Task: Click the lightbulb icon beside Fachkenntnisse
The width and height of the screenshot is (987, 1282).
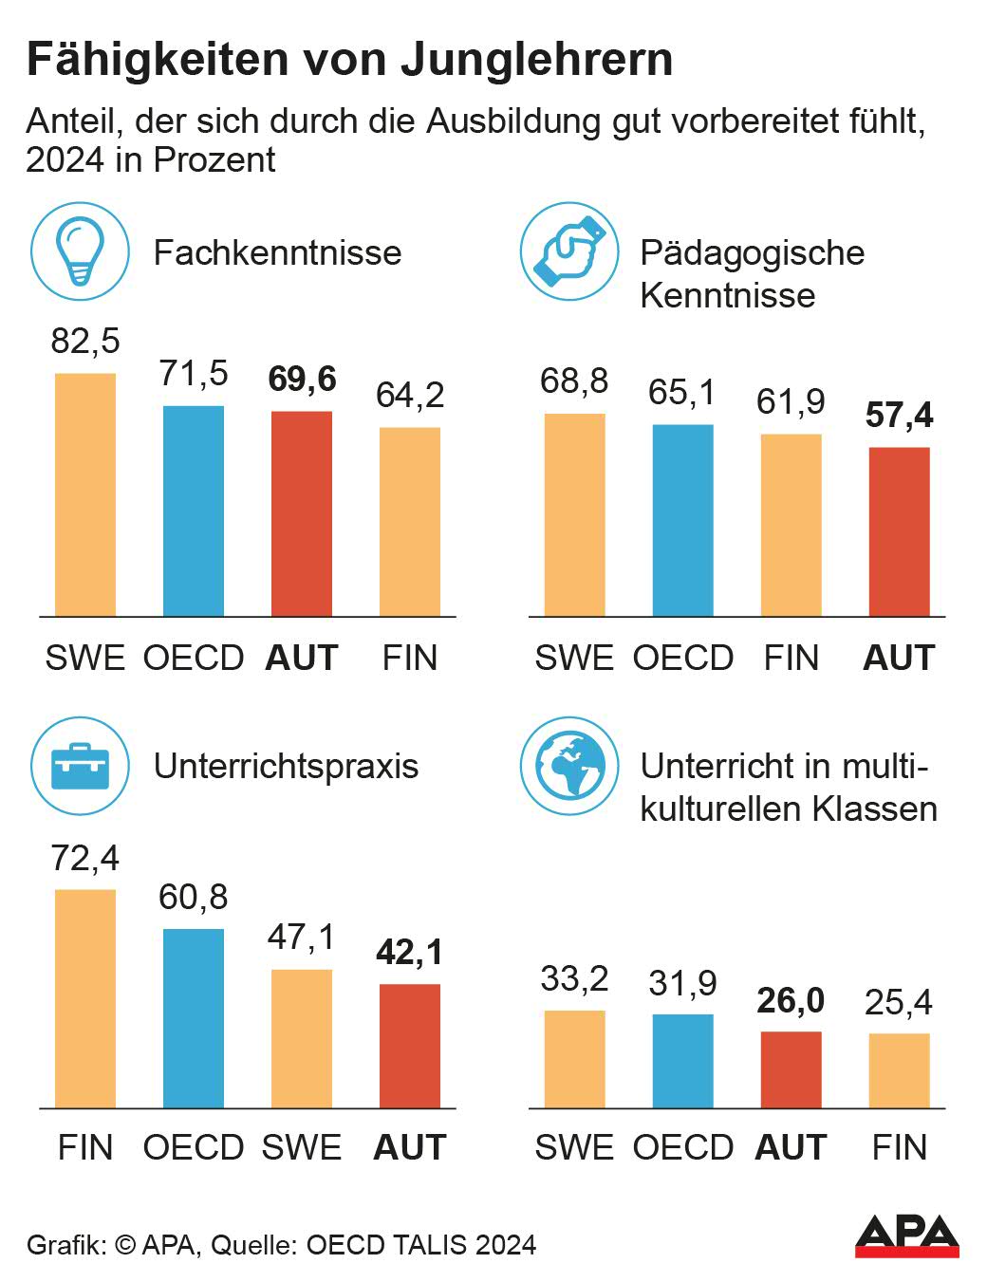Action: (x=80, y=252)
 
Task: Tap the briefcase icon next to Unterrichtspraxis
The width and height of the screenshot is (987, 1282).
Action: (x=80, y=766)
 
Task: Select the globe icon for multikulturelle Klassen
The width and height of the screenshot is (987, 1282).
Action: (x=569, y=766)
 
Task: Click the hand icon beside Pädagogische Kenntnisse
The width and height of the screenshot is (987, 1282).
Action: (x=569, y=252)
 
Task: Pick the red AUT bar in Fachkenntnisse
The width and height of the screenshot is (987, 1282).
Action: (x=302, y=513)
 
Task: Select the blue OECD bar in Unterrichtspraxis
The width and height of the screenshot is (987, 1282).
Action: (x=194, y=1017)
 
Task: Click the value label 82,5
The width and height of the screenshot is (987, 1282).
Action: (x=85, y=341)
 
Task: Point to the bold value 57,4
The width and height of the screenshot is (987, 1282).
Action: (x=899, y=416)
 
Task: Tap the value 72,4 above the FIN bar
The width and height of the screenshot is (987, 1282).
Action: (x=85, y=858)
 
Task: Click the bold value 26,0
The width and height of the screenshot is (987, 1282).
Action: (x=791, y=1000)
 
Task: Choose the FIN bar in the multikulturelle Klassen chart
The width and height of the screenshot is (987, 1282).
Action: (x=899, y=1070)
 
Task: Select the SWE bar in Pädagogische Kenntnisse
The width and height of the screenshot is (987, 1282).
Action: (x=574, y=515)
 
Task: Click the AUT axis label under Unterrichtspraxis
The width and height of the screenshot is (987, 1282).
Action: (x=409, y=1147)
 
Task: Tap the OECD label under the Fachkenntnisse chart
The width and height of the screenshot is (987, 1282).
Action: (x=194, y=658)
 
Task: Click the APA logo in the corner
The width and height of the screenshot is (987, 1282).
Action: (x=906, y=1236)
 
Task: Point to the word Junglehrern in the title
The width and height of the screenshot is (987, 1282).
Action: (x=537, y=59)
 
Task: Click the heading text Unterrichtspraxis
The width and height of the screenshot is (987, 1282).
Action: (x=286, y=766)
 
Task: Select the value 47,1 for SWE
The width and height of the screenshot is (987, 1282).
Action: (x=301, y=937)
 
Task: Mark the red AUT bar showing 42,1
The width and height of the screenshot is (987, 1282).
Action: (x=409, y=1046)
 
